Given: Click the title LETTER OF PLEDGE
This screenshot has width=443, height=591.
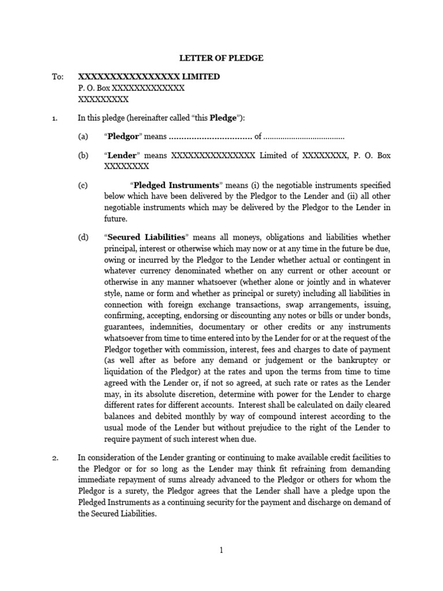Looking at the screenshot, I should pos(221,58).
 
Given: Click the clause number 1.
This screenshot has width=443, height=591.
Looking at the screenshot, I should pos(55,118).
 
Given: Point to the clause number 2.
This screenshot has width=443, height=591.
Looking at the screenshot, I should pos(55,458).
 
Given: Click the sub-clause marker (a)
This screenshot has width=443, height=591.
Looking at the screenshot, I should pos(84,137).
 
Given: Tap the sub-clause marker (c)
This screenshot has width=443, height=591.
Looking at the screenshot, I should pos(84,185).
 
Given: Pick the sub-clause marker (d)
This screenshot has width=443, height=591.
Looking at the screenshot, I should pos(84,237).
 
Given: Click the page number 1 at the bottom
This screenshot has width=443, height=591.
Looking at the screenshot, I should pos(221,551).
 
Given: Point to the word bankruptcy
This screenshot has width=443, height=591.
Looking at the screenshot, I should pos(366,361).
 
